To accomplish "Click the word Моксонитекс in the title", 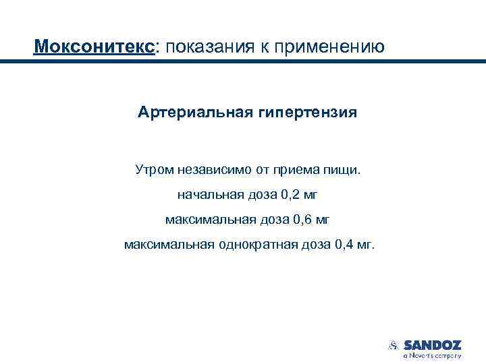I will tap(95, 47).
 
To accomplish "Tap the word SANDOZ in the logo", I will tap(432, 344).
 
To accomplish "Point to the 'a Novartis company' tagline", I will tap(432, 355).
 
